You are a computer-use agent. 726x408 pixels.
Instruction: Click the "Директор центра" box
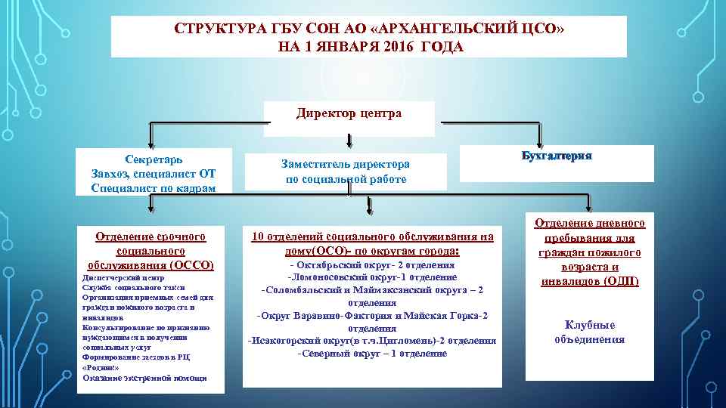click(349, 115)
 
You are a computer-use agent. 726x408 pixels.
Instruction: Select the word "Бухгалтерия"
click(556, 155)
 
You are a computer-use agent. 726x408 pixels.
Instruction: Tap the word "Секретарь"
click(153, 159)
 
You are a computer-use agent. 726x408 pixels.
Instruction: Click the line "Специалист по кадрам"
click(153, 187)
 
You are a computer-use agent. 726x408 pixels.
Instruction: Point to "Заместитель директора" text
click(346, 164)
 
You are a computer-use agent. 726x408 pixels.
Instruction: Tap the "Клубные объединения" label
click(590, 332)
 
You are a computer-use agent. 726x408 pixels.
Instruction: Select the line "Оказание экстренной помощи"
click(144, 377)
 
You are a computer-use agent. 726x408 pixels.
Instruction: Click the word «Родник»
click(99, 366)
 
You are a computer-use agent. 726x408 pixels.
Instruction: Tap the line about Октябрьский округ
click(372, 266)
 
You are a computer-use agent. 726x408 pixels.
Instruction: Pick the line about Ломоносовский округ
click(372, 278)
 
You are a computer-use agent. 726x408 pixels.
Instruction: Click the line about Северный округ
click(372, 353)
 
